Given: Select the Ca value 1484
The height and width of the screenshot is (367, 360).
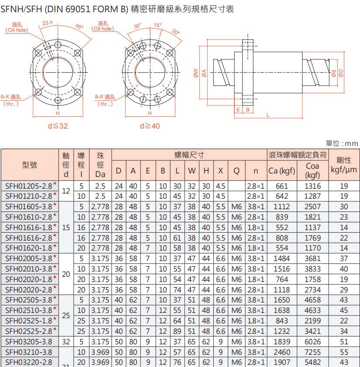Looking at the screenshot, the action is point(282,258).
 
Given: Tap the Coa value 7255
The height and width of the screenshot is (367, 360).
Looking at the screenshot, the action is point(312,352).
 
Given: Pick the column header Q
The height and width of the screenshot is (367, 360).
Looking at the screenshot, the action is point(237,170).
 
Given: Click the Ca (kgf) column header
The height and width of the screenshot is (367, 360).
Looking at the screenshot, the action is point(282,170).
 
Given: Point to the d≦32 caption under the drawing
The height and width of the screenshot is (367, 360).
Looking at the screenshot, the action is point(58,126).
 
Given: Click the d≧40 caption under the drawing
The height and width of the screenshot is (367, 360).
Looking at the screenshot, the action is point(150,126).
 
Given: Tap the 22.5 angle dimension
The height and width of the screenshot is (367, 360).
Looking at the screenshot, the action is point(48,23).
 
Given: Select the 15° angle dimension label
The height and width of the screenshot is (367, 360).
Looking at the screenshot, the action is point(158,25).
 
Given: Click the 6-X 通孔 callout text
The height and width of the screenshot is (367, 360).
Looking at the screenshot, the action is point(10,97).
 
